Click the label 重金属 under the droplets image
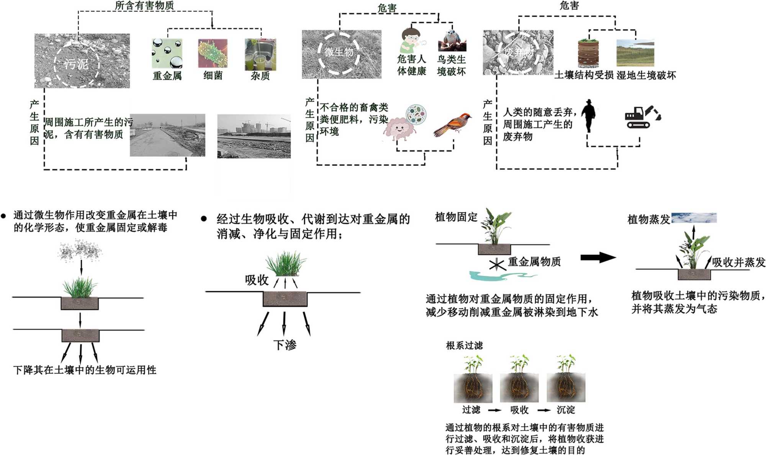[x=167, y=76]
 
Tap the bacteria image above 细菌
[x=213, y=54]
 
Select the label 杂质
[x=260, y=76]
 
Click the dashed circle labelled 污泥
[x=77, y=64]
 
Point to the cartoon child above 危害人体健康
[x=411, y=40]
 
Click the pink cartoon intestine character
[x=398, y=128]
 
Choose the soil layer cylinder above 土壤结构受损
[x=588, y=53]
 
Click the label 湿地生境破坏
[x=646, y=75]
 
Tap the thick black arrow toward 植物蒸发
[x=598, y=257]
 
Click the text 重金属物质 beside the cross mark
[x=534, y=262]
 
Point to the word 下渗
[x=285, y=345]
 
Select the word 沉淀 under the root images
[x=566, y=410]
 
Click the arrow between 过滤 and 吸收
[x=494, y=410]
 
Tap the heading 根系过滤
[x=464, y=345]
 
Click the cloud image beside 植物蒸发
[x=694, y=218]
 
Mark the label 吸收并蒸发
[x=738, y=262]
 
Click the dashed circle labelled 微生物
[x=339, y=52]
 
